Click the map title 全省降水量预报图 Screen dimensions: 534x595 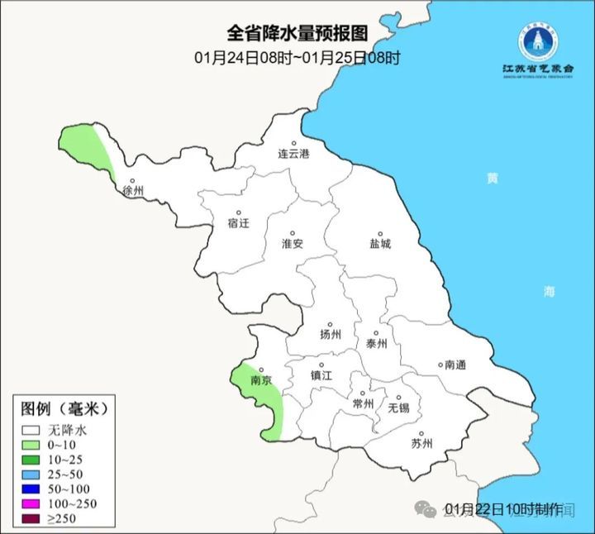pyautogui.click(x=297, y=34)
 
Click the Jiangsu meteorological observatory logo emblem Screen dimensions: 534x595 pyautogui.click(x=540, y=40)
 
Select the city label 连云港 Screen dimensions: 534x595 pyautogui.click(x=293, y=154)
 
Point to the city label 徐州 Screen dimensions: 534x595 pyautogui.click(x=132, y=191)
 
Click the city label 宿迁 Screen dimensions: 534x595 pyautogui.click(x=238, y=223)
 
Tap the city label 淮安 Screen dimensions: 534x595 pyautogui.click(x=293, y=244)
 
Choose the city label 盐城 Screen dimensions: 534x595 pyautogui.click(x=380, y=244)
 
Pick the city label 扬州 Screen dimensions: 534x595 pyautogui.click(x=330, y=335)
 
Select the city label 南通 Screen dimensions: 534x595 pyautogui.click(x=455, y=365)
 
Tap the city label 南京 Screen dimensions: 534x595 pyautogui.click(x=261, y=381)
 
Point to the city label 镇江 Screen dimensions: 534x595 pyautogui.click(x=321, y=374)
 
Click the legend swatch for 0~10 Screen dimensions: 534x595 pyautogui.click(x=31, y=446)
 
